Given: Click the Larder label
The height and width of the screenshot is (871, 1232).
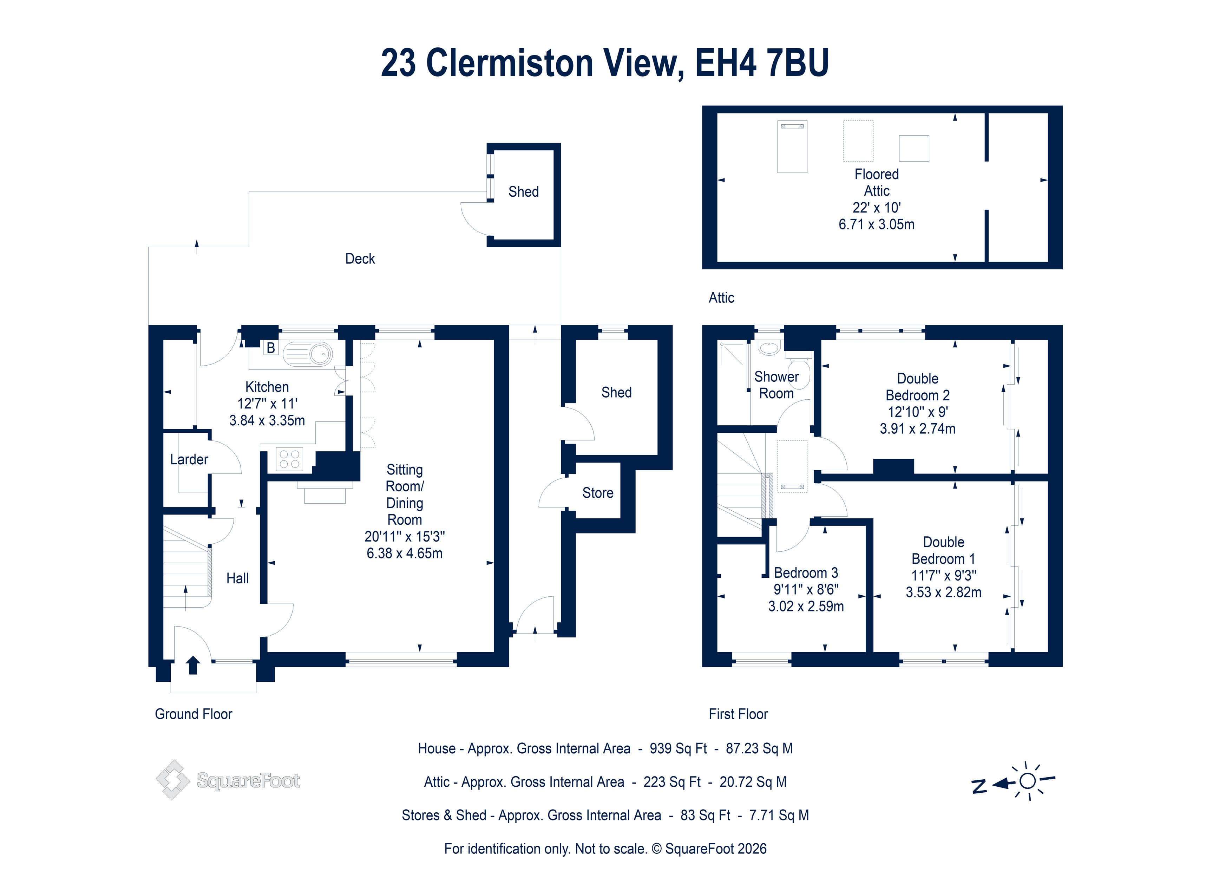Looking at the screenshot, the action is (x=189, y=459).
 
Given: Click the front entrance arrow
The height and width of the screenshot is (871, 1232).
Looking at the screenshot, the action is (x=193, y=666).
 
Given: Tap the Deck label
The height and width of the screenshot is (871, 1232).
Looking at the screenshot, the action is (x=360, y=259).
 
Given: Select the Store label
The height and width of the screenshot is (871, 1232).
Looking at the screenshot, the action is (x=598, y=493).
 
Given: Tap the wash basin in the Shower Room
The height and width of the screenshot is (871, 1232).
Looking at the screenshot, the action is (x=769, y=348).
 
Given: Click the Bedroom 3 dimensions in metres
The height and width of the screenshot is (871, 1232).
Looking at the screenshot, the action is (x=806, y=607).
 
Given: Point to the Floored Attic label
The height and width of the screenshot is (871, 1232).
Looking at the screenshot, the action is (x=877, y=183).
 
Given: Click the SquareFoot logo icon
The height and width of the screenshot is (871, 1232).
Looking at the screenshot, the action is (x=173, y=780).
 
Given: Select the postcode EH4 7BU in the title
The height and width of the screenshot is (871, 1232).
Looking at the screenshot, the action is (x=762, y=63).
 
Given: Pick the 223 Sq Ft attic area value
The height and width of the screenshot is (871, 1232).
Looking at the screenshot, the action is (x=672, y=782).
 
